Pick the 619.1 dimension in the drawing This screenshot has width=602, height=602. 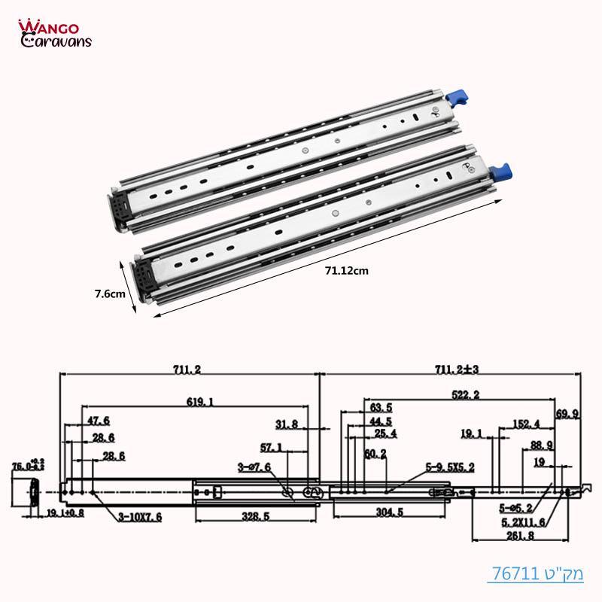198,403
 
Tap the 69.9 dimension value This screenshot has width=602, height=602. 567,414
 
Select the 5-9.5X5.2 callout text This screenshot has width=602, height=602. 449,467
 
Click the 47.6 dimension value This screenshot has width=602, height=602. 99,420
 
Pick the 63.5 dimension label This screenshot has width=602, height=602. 380,407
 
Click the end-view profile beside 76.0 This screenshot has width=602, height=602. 34,492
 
